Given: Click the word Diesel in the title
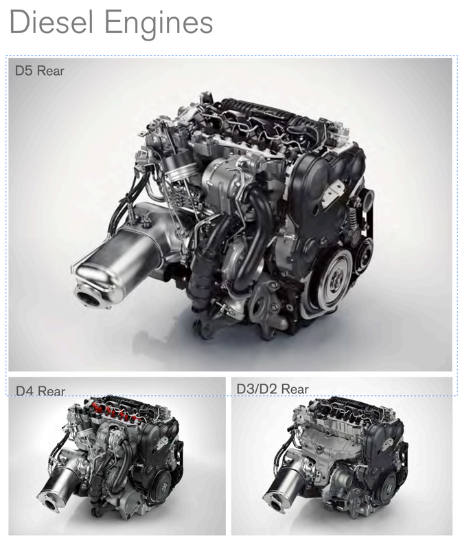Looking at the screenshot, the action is coord(51,22).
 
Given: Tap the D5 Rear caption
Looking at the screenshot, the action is coord(40,71).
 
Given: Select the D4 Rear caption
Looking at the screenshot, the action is coord(41,390).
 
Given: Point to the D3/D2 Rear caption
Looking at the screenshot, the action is coord(273,389).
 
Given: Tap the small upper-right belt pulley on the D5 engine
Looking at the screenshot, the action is coord(367,199).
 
